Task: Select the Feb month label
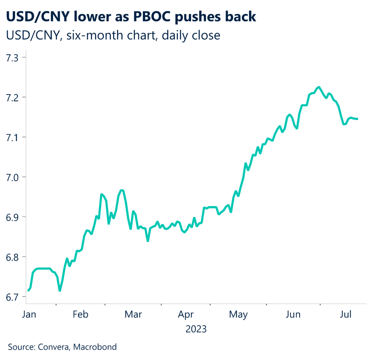80,315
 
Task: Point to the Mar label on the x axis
133,315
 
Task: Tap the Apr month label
186,315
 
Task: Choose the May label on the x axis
238,315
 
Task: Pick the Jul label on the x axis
345,315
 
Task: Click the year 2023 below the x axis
196,329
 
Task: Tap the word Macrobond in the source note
95,347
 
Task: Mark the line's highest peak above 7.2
319,87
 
